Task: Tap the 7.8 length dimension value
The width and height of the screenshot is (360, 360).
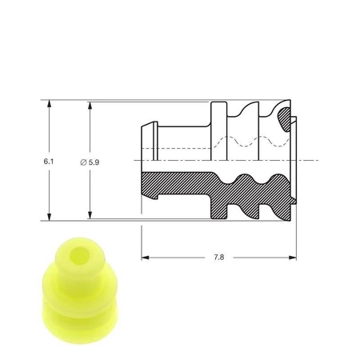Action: click(x=220, y=258)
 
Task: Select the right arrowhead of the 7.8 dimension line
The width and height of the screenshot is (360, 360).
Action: click(x=293, y=258)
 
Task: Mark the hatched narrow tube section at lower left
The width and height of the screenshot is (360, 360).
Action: click(x=172, y=184)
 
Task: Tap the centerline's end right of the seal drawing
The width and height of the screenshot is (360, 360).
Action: click(x=316, y=161)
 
